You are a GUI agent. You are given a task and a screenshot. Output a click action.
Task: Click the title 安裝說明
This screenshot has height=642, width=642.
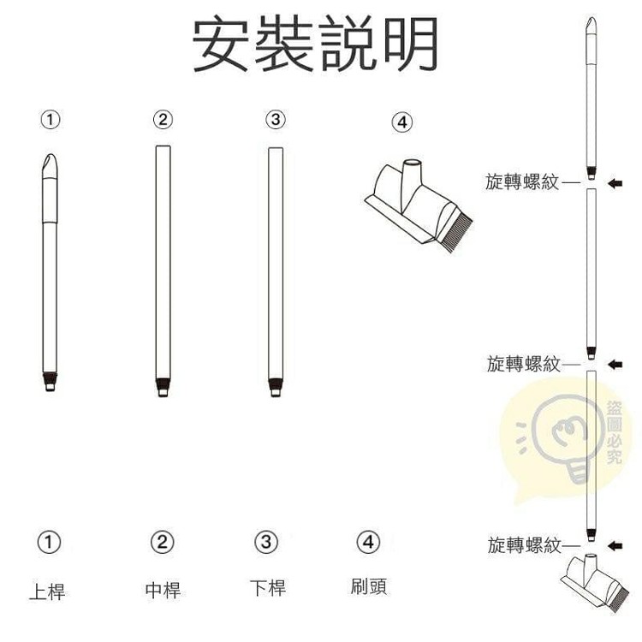pyautogui.click(x=315, y=44)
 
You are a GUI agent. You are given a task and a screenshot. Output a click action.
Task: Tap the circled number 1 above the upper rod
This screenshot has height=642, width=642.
pyautogui.click(x=51, y=120)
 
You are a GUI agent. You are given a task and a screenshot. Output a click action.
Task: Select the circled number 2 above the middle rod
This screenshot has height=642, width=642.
pyautogui.click(x=163, y=120)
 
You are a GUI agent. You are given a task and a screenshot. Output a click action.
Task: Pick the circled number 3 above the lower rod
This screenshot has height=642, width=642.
pyautogui.click(x=276, y=120)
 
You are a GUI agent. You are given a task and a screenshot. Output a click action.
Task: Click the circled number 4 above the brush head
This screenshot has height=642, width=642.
pyautogui.click(x=402, y=122)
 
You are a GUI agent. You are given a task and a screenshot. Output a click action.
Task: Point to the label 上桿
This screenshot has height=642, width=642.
pyautogui.click(x=47, y=591)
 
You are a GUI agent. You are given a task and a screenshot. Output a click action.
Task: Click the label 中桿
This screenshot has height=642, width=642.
pyautogui.click(x=163, y=590)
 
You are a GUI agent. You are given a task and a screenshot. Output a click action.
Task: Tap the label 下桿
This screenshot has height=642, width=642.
pyautogui.click(x=268, y=587)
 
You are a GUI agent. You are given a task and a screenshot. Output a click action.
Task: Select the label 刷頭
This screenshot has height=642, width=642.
pyautogui.click(x=368, y=586)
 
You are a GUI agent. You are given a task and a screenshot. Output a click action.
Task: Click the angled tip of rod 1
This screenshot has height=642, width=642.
pyautogui.click(x=50, y=163)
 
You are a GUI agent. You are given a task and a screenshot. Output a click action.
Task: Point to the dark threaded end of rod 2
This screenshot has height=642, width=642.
pyautogui.click(x=163, y=384)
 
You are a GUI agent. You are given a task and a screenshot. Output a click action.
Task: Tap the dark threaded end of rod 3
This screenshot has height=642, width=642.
pyautogui.click(x=276, y=385)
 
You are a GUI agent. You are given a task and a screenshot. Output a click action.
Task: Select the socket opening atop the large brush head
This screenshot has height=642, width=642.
pyautogui.click(x=413, y=161)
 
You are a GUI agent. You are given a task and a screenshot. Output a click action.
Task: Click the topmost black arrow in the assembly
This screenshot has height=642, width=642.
pyautogui.click(x=615, y=183)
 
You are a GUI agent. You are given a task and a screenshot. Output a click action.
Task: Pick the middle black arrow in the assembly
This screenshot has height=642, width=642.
pyautogui.click(x=615, y=364)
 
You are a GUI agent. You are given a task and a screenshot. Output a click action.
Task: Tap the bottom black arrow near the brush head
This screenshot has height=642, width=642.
pyautogui.click(x=615, y=545)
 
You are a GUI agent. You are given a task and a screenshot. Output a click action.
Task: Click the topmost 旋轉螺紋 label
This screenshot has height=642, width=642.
pyautogui.click(x=522, y=181)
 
